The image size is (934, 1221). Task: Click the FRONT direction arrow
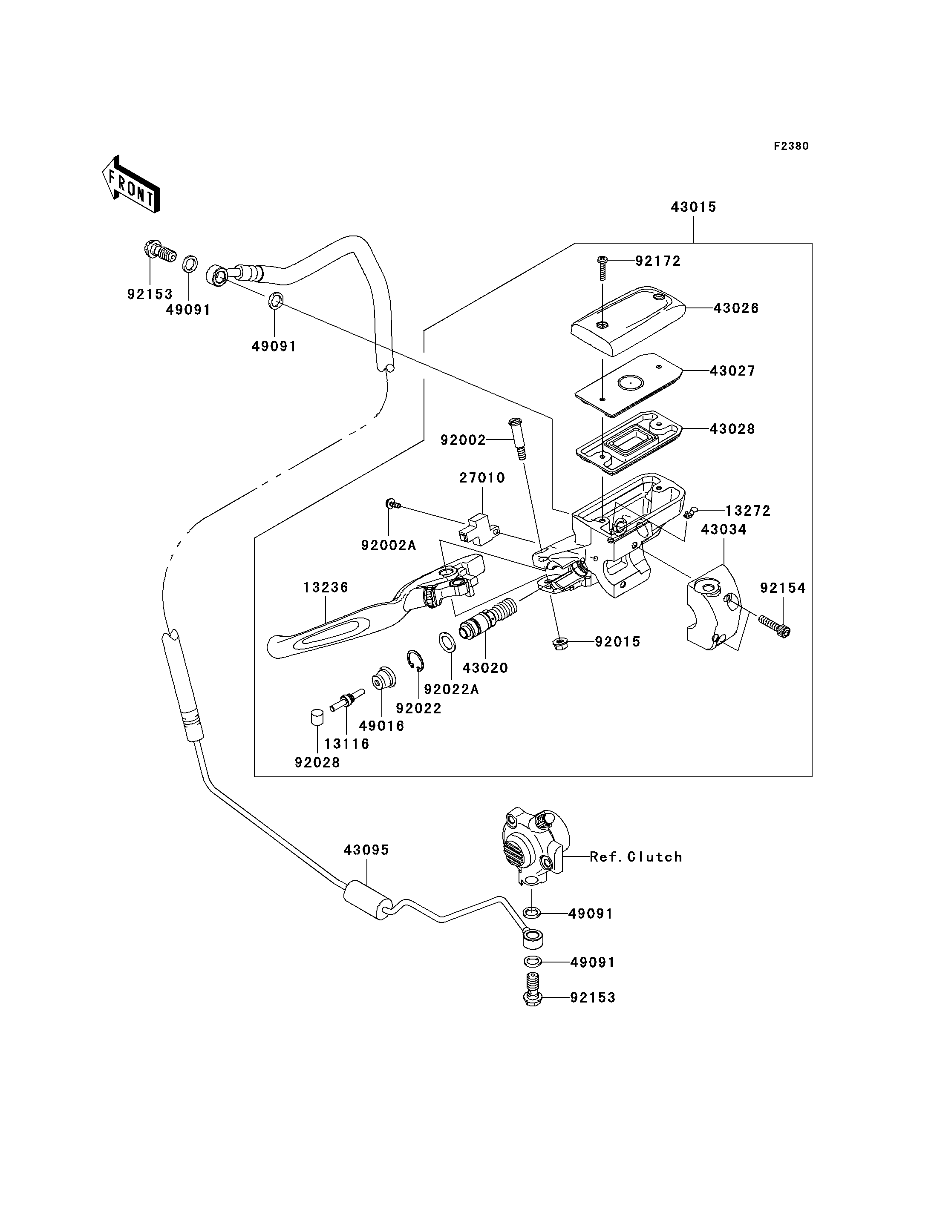point(131,184)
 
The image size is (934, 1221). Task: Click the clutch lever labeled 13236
point(356,617)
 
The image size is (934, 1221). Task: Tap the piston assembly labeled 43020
point(487,617)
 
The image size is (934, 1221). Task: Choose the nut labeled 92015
point(559,644)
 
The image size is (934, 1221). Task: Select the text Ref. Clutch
point(635,857)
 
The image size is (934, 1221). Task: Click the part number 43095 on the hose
point(366,850)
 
